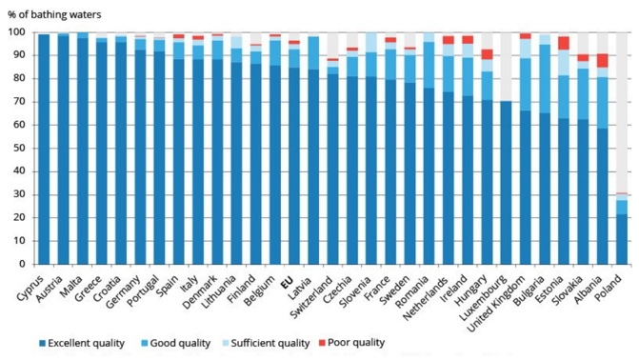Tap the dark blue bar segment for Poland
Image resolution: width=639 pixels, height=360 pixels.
(621, 239)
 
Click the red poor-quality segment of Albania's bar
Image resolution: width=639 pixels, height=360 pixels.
(601, 60)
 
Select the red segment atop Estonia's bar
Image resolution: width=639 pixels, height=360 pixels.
(564, 43)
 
